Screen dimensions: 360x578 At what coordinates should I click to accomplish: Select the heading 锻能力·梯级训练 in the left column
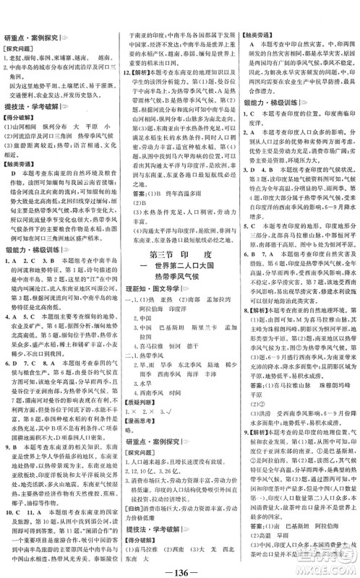click(38, 290)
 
